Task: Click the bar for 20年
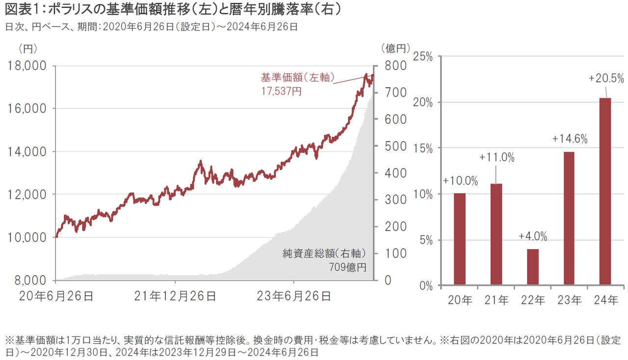point(459,239)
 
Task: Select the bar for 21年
point(496,234)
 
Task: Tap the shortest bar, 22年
point(532,267)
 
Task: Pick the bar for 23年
point(569,218)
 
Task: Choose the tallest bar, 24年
point(605,191)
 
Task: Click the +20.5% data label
point(606,78)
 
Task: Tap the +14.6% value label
point(569,139)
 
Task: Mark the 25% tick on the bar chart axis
point(423,57)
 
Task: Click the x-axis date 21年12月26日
point(175,296)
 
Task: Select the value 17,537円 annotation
point(281,91)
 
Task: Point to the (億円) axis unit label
point(394,48)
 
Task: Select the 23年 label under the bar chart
point(569,300)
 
